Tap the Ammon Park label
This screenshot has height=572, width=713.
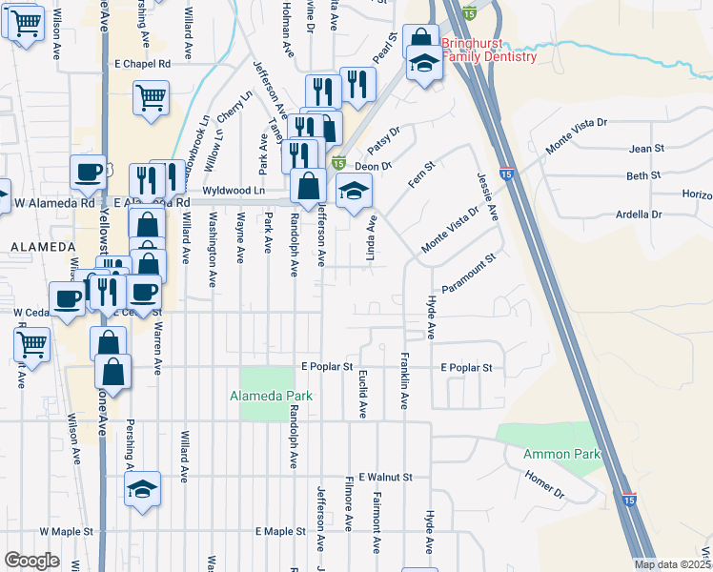pyautogui.click(x=561, y=454)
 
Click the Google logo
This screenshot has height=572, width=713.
pyautogui.click(x=32, y=561)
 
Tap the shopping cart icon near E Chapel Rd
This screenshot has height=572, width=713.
pyautogui.click(x=152, y=97)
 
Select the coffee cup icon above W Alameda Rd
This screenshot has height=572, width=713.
pyautogui.click(x=89, y=172)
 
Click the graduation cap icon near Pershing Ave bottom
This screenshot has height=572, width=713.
pyautogui.click(x=143, y=489)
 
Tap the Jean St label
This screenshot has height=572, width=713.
pyautogui.click(x=646, y=149)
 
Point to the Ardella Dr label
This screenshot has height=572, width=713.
pyautogui.click(x=640, y=214)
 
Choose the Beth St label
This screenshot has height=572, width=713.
pyautogui.click(x=643, y=176)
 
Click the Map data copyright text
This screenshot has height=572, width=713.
pyautogui.click(x=673, y=564)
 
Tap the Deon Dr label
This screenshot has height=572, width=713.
pyautogui.click(x=374, y=166)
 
